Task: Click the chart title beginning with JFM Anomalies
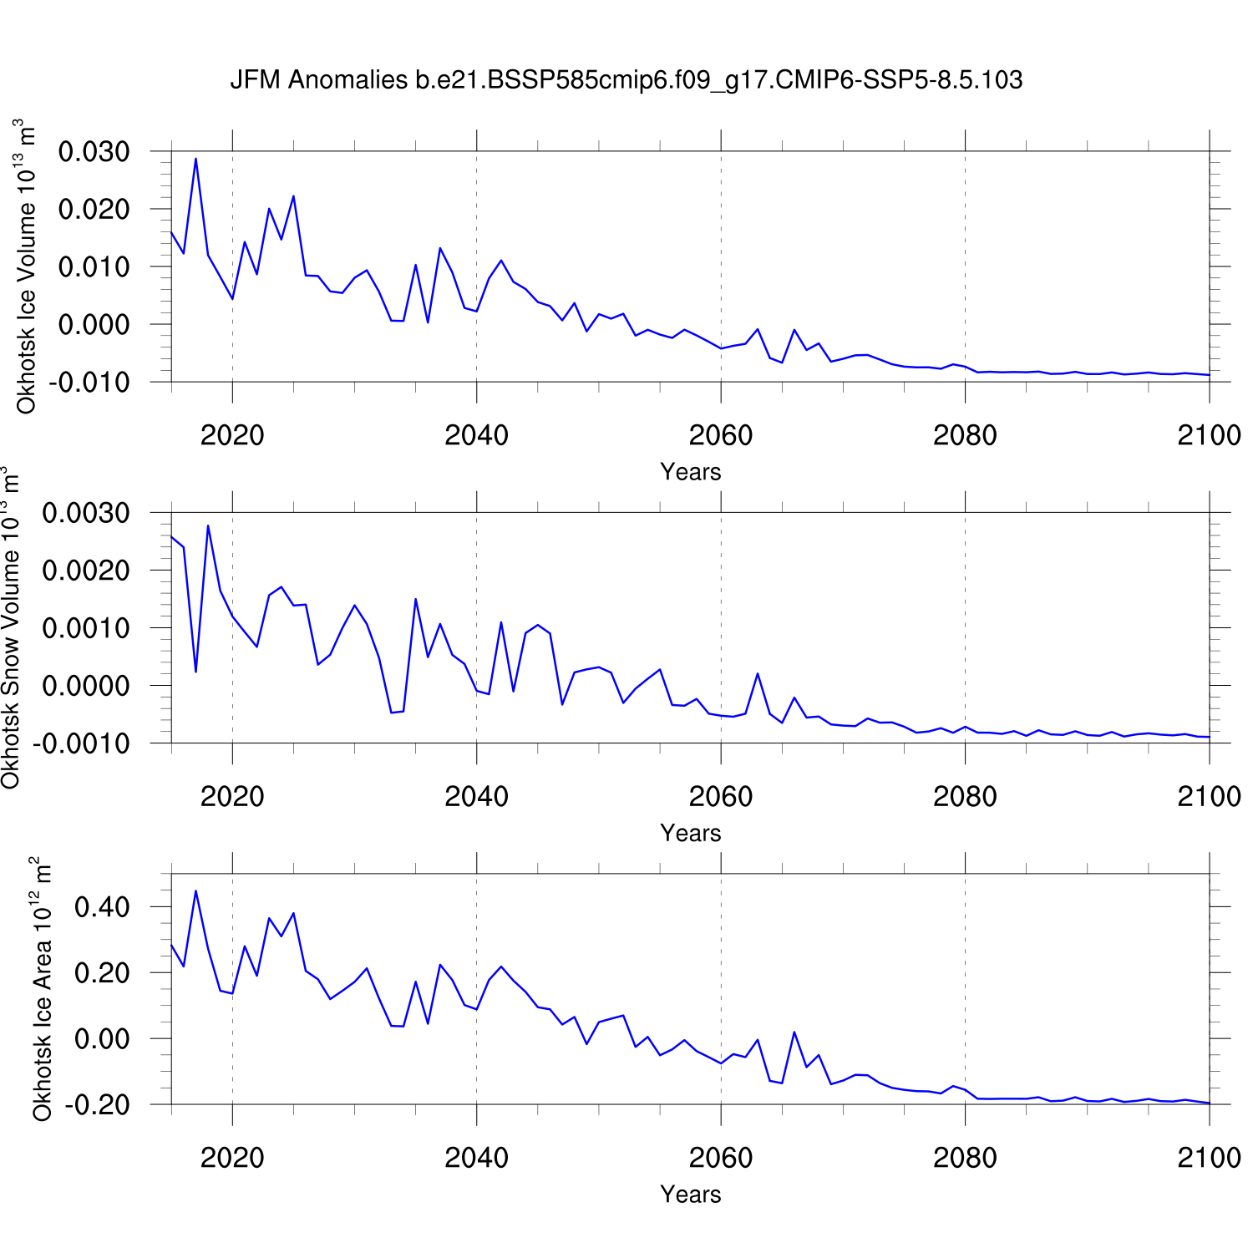point(626,80)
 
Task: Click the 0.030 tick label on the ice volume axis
point(94,152)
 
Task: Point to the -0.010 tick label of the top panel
point(90,383)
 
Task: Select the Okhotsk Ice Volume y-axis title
point(26,266)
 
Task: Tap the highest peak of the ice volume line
point(195,159)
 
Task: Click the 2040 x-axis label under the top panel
point(476,435)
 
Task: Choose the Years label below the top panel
point(690,472)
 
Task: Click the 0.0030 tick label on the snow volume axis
point(86,513)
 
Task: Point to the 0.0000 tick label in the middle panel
point(86,686)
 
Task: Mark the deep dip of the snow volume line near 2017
point(195,671)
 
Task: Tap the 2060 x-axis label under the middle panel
point(720,797)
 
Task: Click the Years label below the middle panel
point(690,833)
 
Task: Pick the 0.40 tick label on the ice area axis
point(102,907)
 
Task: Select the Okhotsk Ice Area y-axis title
point(42,989)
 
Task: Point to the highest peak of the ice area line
point(195,891)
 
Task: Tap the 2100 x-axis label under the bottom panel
point(1209,1158)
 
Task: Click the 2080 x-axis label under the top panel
point(965,435)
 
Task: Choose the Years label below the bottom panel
point(690,1195)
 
